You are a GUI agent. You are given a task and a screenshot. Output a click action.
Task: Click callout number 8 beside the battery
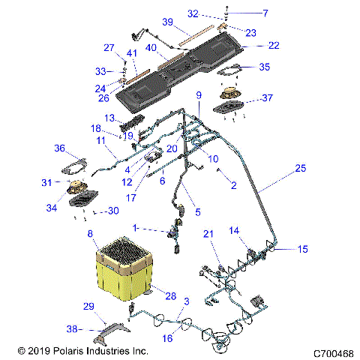pyautogui.click(x=91, y=235)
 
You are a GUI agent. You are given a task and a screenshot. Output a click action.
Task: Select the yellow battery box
pyautogui.click(x=125, y=274)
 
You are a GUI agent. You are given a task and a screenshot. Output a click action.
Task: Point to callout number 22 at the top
pyautogui.click(x=273, y=46)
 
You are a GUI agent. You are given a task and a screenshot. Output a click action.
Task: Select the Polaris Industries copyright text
pyautogui.click(x=82, y=350)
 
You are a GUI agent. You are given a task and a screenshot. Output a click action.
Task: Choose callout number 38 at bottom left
pyautogui.click(x=73, y=328)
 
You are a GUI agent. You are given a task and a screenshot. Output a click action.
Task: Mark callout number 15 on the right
pyautogui.click(x=303, y=249)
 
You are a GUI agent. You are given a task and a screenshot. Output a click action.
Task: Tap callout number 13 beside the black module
pyautogui.click(x=109, y=118)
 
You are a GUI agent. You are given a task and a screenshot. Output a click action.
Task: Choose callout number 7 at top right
pyautogui.click(x=264, y=13)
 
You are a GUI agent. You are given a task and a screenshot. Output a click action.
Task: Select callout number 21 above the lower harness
pyautogui.click(x=209, y=235)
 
